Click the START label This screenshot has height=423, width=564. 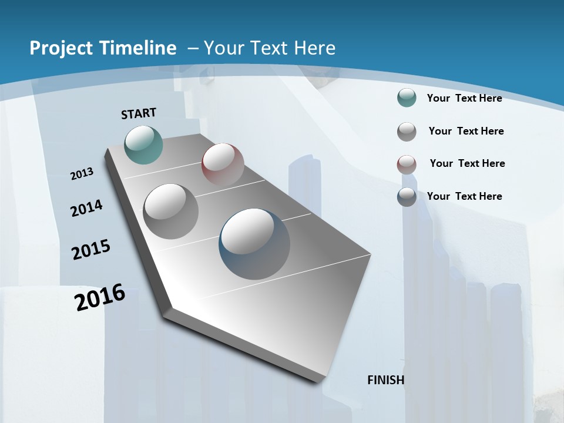coord(139,113)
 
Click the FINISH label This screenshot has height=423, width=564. coord(386,380)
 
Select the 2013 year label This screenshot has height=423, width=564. coord(82,174)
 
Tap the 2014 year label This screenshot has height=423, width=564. coord(86,209)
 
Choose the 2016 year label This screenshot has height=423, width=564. coord(100,297)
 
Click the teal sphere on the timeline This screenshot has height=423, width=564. coord(143,145)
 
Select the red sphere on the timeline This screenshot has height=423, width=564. coord(223,164)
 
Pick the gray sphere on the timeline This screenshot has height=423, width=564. coord(171,211)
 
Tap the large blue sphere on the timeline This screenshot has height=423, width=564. coord(254,244)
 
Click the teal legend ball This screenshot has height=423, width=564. coord(407,98)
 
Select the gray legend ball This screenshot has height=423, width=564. coord(407,131)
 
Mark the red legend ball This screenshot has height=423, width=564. coord(407,164)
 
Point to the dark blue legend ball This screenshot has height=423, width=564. coord(407,196)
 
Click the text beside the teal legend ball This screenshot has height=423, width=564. coord(464,98)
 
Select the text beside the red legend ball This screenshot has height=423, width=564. coord(467,163)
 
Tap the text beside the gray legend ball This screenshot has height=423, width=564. coord(466,131)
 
